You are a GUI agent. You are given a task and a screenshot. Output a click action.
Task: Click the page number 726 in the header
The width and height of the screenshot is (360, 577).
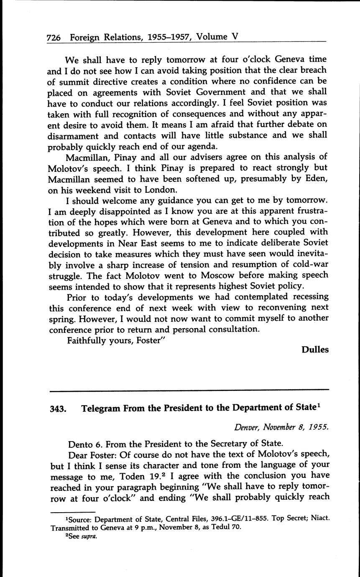(54, 37)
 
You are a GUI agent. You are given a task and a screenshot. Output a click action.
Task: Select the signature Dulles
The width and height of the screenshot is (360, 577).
(315, 350)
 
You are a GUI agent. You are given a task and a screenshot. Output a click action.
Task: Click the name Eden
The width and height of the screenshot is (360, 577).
(316, 179)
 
